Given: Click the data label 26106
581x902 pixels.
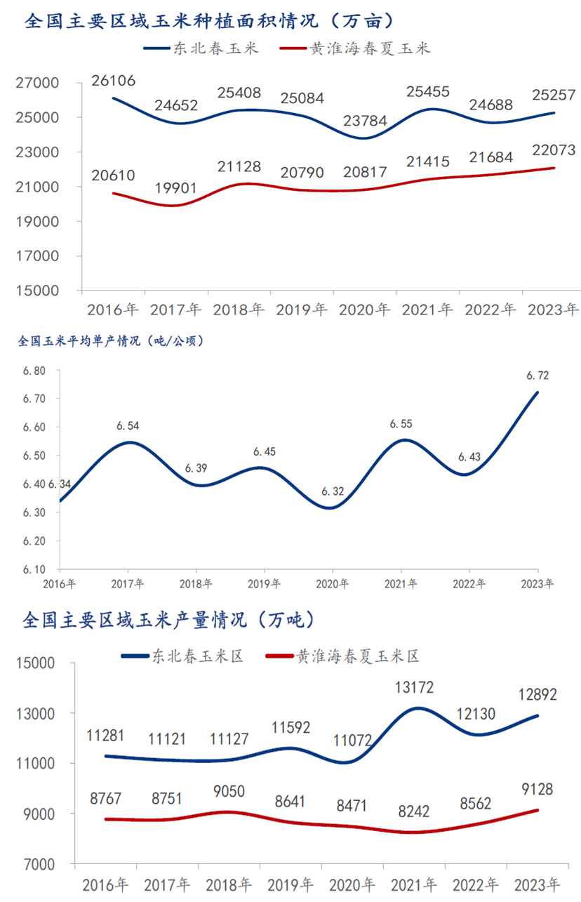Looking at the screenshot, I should (114, 81).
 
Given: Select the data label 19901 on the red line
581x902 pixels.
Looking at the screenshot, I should (177, 188).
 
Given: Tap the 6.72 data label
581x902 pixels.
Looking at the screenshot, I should (537, 376).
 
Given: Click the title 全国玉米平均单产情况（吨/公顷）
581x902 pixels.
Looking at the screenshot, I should (109, 342).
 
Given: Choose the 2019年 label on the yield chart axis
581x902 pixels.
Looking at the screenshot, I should (264, 584).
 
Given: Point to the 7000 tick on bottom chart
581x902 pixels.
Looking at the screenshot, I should (51, 864).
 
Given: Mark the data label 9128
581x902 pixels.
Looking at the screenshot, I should (537, 790).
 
